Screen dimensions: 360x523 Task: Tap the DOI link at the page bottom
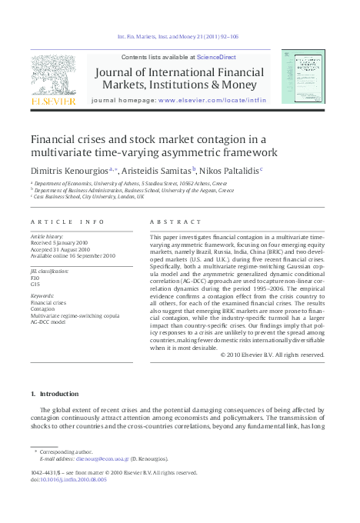point(68,479)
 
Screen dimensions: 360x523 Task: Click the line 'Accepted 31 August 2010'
point(64,249)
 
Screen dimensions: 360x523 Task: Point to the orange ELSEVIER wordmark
point(52,101)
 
